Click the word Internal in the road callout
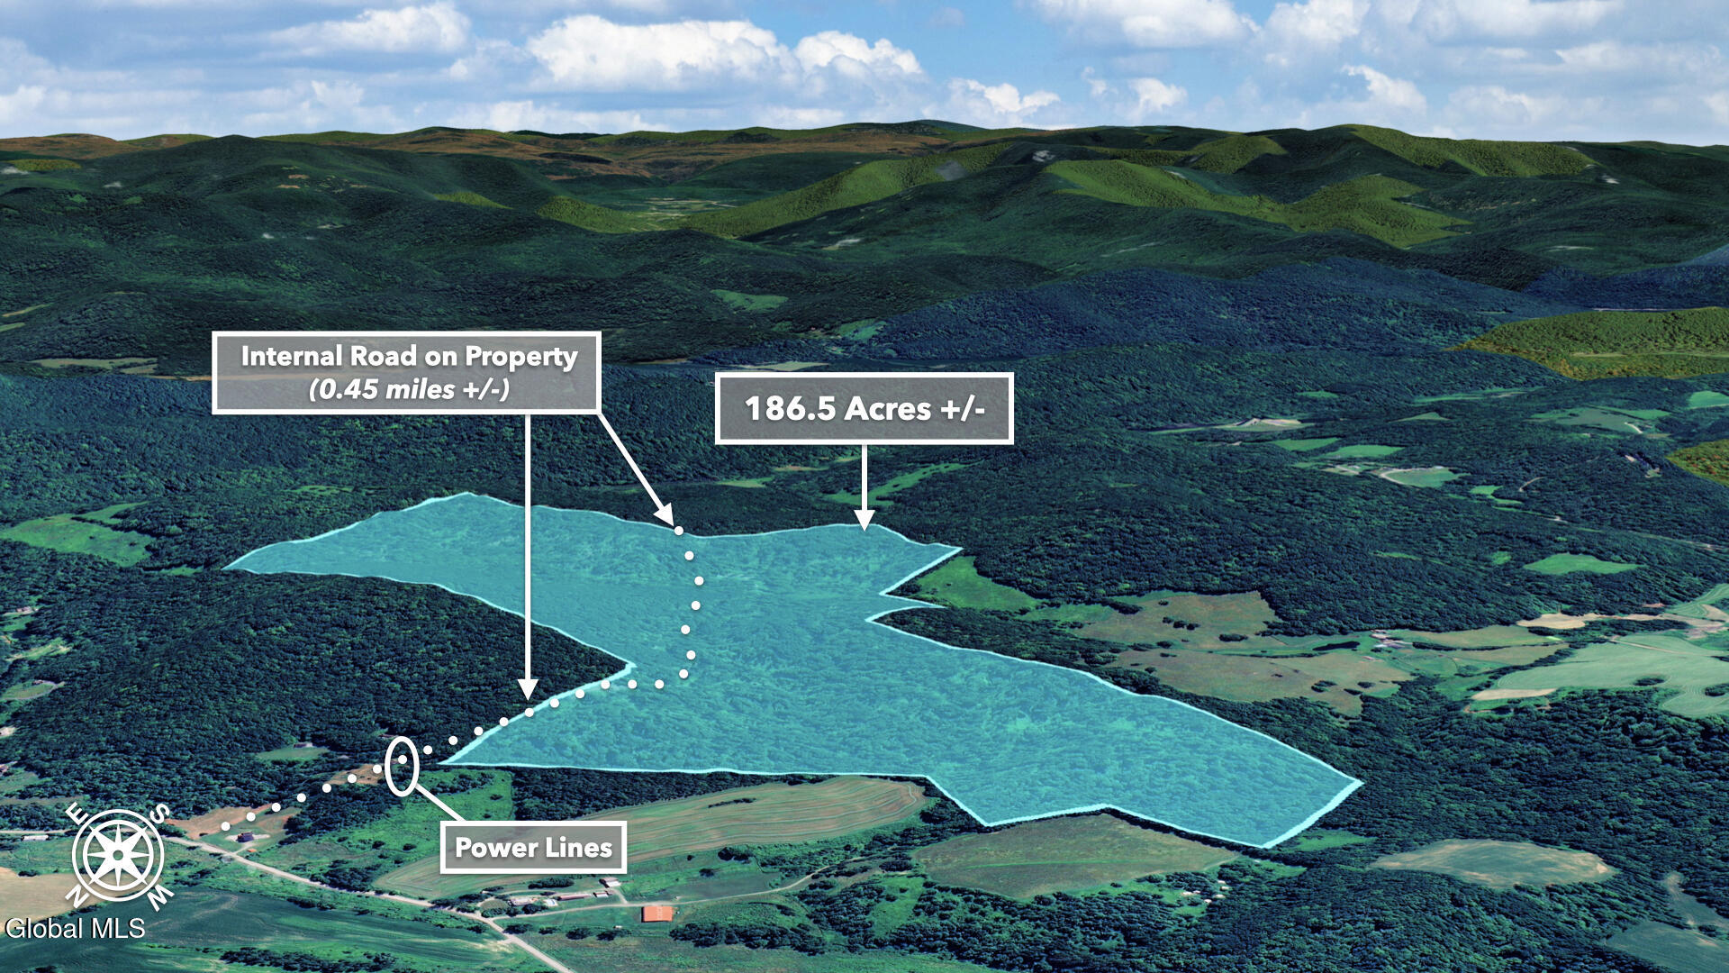pos(292,356)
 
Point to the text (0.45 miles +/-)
pos(409,389)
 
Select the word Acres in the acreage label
pos(887,409)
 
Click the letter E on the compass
pos(77,814)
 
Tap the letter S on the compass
pos(159,814)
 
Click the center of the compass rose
pos(118,855)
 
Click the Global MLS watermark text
pos(75,929)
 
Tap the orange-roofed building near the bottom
pos(657,914)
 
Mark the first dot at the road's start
pos(225,825)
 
